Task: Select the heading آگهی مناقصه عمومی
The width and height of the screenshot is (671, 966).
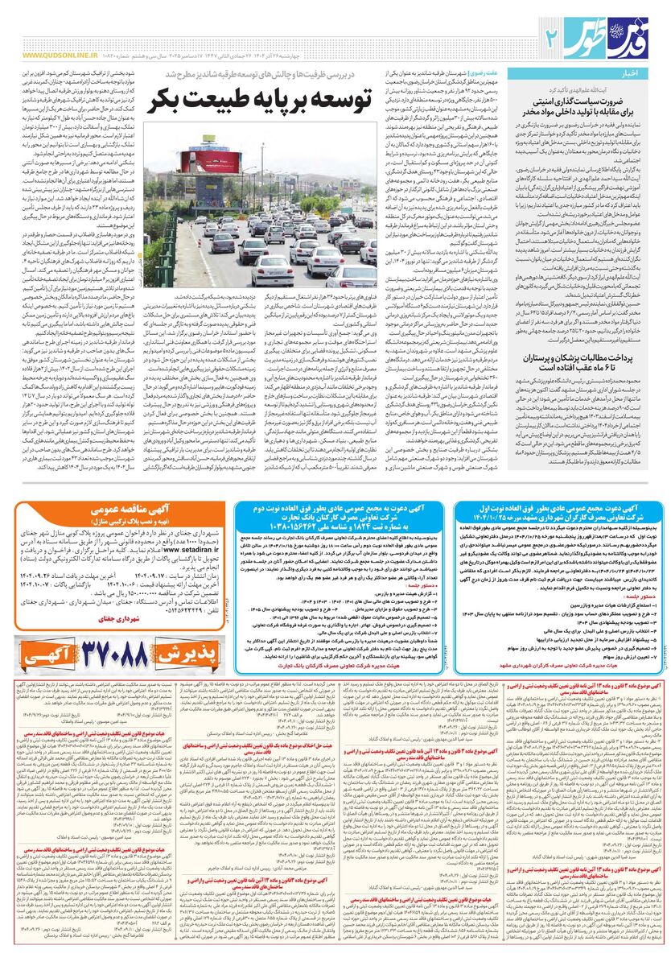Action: click(120, 510)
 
